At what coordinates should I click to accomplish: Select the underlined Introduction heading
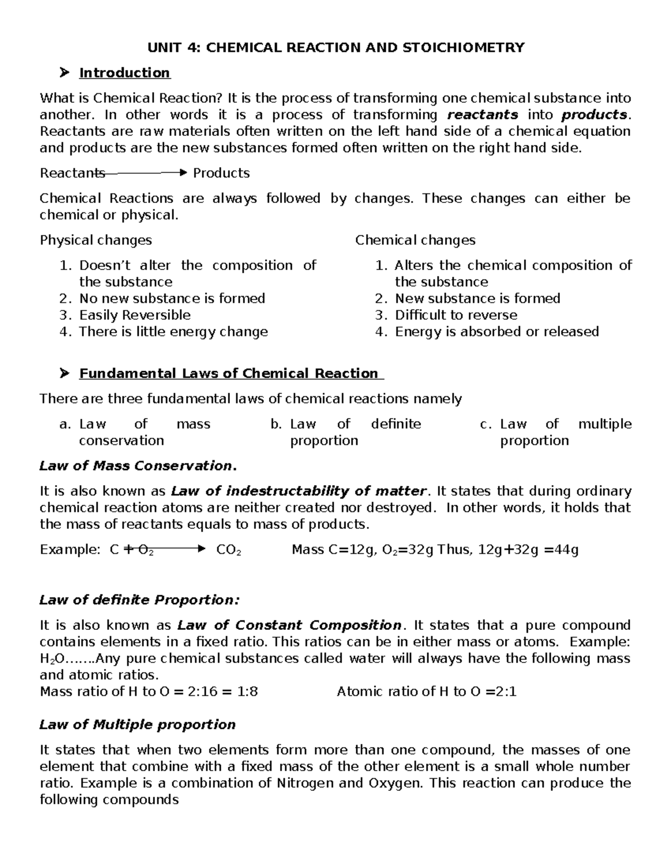[x=124, y=73]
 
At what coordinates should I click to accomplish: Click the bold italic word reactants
[x=483, y=115]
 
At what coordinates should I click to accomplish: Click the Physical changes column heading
[x=96, y=240]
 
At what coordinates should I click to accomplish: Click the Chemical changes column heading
[x=415, y=240]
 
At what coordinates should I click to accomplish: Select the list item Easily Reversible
[x=135, y=315]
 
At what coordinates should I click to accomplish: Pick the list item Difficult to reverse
[x=456, y=315]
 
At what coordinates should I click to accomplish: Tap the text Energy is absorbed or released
[x=497, y=332]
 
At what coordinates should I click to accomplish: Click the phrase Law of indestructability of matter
[x=299, y=491]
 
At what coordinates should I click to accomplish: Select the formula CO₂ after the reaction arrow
[x=228, y=550]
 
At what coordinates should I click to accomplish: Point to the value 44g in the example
[x=566, y=550]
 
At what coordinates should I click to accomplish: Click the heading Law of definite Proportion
[x=139, y=600]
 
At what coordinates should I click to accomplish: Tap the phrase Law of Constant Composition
[x=289, y=625]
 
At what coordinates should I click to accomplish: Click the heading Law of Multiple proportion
[x=138, y=725]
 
